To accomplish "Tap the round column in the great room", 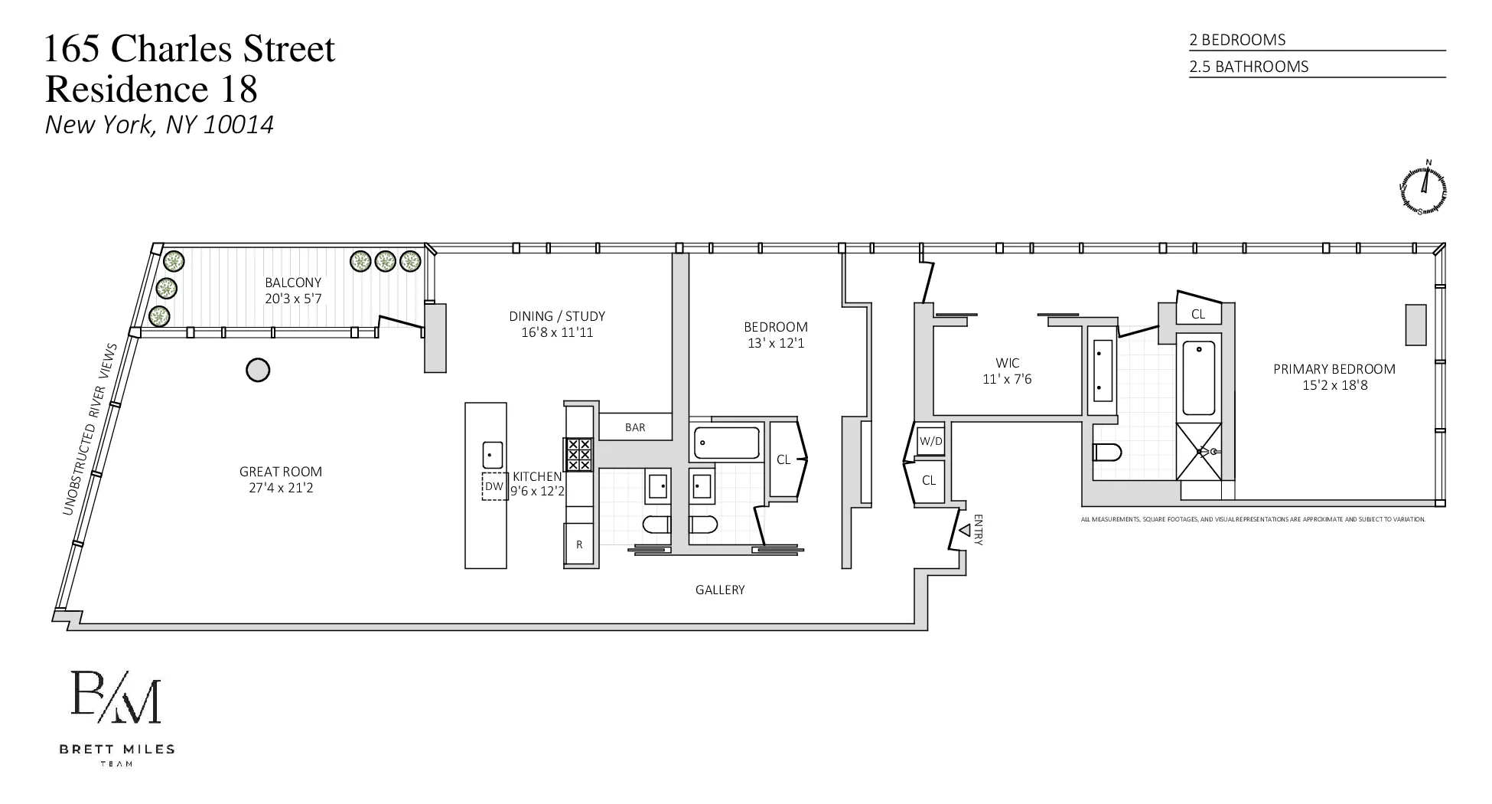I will click(x=258, y=371).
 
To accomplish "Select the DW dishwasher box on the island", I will click(x=494, y=487).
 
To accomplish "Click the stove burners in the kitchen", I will click(x=578, y=454).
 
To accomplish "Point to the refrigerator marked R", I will click(x=580, y=544).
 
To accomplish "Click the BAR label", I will click(x=635, y=427).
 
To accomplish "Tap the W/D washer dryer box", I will click(x=930, y=441).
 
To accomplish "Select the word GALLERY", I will click(x=719, y=590).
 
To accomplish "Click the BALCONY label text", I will click(x=293, y=283).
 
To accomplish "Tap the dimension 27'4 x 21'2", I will click(x=281, y=488).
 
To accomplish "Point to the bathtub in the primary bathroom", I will click(x=1199, y=378).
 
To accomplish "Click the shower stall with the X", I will click(x=1204, y=452).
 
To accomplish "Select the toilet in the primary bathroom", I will click(x=1107, y=453).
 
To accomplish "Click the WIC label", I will click(x=1007, y=363).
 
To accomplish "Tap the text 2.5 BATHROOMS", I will click(x=1249, y=67).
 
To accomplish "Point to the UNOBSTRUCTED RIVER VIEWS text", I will click(x=90, y=429).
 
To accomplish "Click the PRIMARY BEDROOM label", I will click(x=1334, y=369).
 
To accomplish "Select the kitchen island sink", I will click(x=492, y=455).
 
